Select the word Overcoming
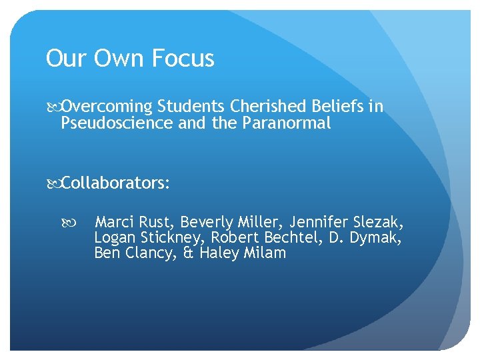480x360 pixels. [x=107, y=107]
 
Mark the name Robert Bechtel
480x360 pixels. [x=262, y=237]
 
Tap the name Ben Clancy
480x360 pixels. [x=133, y=253]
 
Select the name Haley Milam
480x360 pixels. [x=243, y=253]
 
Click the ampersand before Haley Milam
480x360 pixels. [x=188, y=253]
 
